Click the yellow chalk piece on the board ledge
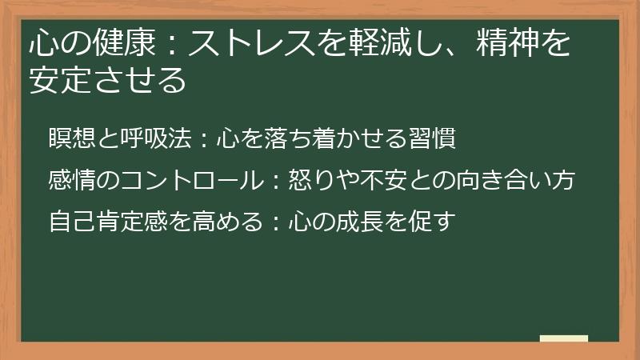tap(564, 338)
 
